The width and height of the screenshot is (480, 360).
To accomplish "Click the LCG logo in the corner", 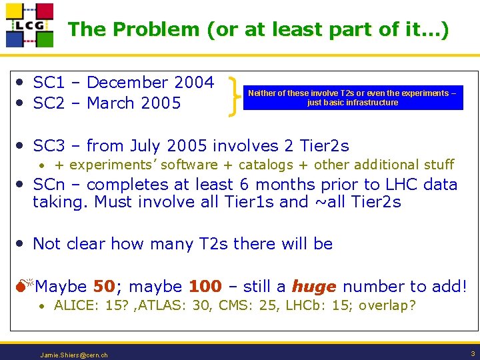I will (29, 25).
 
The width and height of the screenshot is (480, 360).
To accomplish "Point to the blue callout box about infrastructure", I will (352, 98).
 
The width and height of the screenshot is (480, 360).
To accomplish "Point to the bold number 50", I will (105, 287).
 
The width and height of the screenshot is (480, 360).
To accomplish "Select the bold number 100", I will (205, 287).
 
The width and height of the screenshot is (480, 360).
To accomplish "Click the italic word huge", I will (313, 287).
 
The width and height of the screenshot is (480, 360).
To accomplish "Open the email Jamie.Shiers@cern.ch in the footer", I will (73, 355).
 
